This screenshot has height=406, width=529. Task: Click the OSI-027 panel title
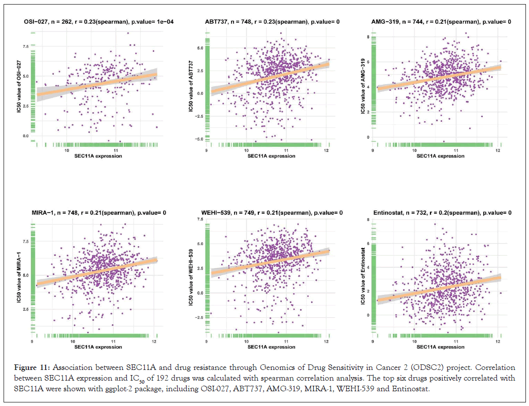click(x=94, y=22)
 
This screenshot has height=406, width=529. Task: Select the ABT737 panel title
click(x=273, y=22)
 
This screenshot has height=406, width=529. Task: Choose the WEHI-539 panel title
click(x=272, y=212)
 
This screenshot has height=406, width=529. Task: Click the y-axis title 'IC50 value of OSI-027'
click(x=19, y=87)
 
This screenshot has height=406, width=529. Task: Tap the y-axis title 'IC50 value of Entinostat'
click(x=362, y=278)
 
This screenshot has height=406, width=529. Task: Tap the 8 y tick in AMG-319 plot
click(x=368, y=37)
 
